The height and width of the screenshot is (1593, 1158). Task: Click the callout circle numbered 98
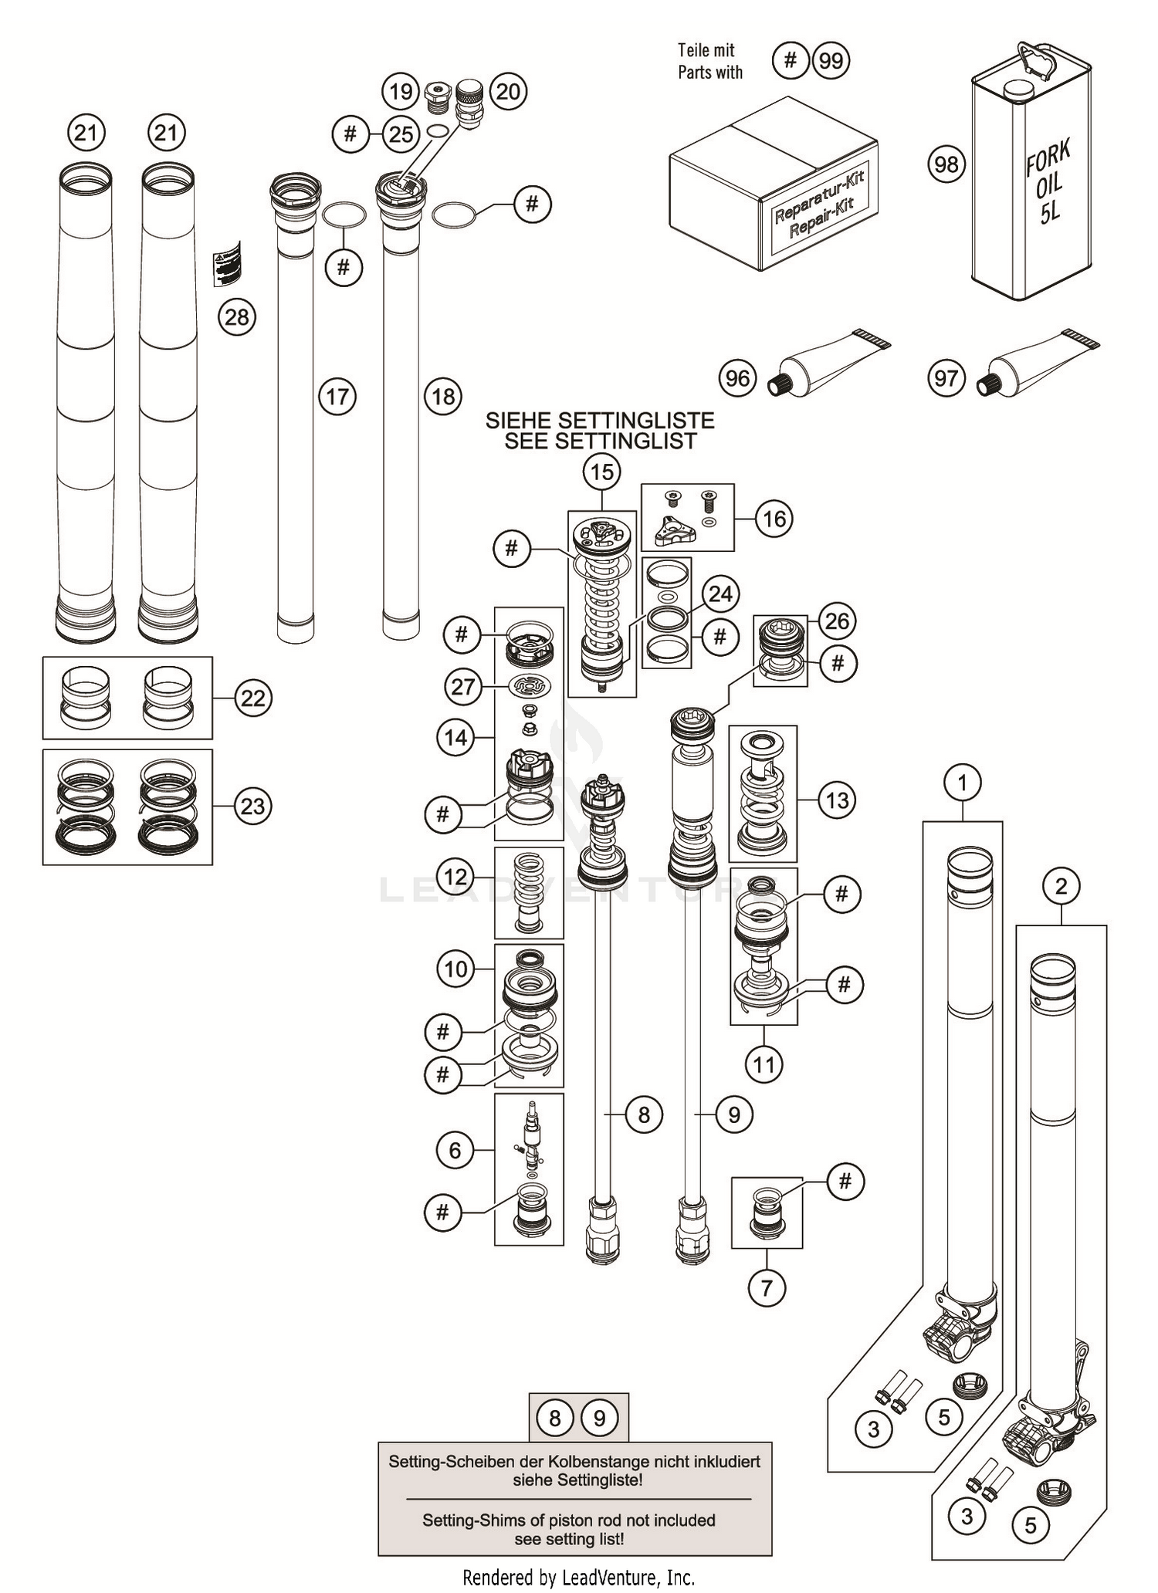[946, 164]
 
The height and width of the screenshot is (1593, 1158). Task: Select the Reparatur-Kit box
[772, 185]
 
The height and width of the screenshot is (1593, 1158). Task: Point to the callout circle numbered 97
[946, 378]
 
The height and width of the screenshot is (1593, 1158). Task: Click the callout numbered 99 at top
[831, 60]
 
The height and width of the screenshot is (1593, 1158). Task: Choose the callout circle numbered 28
[237, 317]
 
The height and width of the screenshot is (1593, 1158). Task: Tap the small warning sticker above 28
[227, 263]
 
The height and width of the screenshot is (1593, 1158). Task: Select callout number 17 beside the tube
[337, 397]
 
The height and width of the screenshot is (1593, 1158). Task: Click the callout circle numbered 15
[602, 471]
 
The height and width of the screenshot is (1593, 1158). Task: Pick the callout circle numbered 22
[253, 698]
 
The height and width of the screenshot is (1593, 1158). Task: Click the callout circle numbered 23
[253, 807]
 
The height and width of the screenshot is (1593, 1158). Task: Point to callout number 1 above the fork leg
[962, 783]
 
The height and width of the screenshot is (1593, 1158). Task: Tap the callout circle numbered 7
[767, 1287]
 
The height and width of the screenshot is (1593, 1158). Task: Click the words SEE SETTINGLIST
[601, 441]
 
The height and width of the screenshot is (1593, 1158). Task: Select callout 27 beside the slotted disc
[462, 686]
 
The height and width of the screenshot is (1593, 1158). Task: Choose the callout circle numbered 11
[764, 1065]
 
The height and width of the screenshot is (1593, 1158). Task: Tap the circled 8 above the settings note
[555, 1418]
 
